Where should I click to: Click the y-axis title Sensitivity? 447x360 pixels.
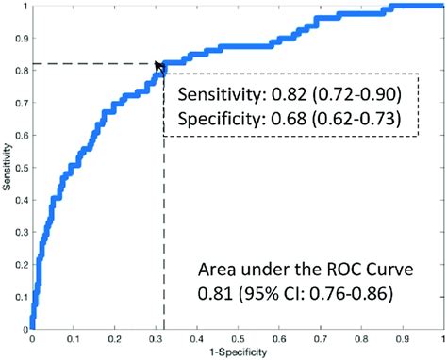point(8,169)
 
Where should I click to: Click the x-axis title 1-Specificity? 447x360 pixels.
point(239,352)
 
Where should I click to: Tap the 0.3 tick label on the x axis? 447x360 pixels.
point(157,338)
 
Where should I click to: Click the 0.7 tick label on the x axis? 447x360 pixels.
point(322,338)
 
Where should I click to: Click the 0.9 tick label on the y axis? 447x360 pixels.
point(21,38)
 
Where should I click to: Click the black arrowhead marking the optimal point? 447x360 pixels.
point(160,64)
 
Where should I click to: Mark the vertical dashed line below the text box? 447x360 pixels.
point(165,236)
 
